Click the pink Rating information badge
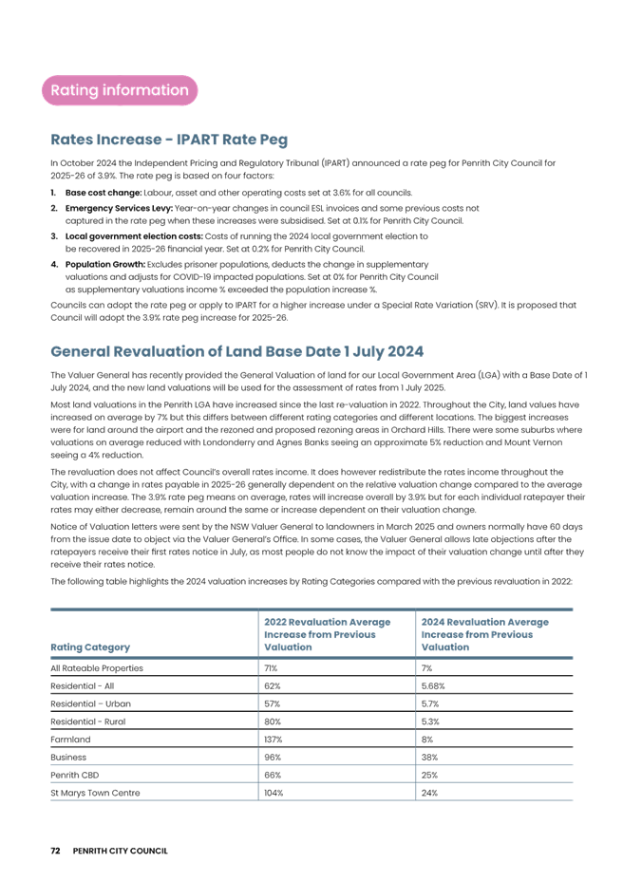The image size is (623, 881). coord(119,90)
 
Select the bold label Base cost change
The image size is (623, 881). coord(91,192)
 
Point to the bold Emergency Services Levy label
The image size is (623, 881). coord(104,206)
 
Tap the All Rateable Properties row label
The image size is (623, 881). coord(96,668)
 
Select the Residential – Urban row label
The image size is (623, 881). coord(89,703)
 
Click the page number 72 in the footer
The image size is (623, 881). coord(55,850)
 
